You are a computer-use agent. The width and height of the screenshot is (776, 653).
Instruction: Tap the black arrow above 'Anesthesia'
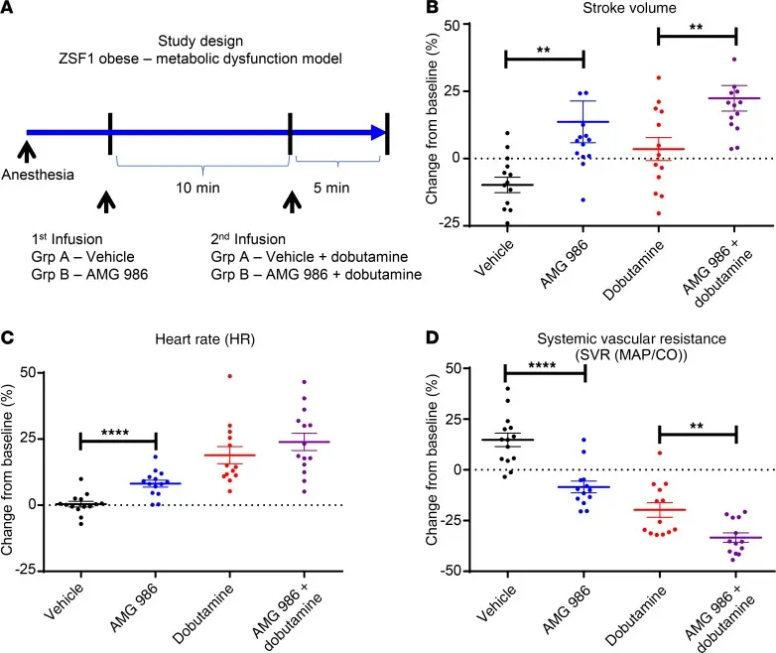[x=27, y=149]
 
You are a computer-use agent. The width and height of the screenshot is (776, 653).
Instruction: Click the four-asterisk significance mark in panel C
[x=115, y=432]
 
